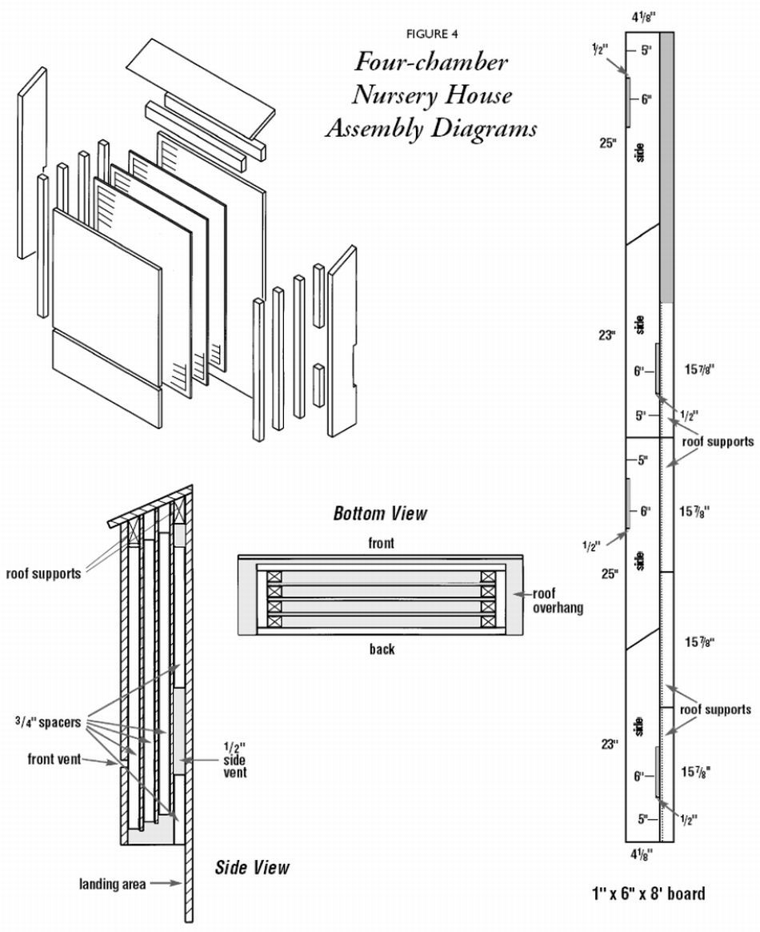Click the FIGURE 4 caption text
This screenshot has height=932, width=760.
pyautogui.click(x=431, y=34)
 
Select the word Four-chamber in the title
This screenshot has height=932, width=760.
pyautogui.click(x=430, y=63)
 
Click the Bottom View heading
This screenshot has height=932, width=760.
pyautogui.click(x=380, y=513)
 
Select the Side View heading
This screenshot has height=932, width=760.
pyautogui.click(x=252, y=868)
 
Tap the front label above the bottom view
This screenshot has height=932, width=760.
pyautogui.click(x=381, y=544)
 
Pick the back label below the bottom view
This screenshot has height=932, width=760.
pyautogui.click(x=382, y=649)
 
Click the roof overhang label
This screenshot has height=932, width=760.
pyautogui.click(x=558, y=601)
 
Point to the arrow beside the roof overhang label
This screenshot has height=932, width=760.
pyautogui.click(x=522, y=594)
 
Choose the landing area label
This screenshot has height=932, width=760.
pyautogui.click(x=112, y=884)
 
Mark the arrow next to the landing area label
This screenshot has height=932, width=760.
pyautogui.click(x=166, y=884)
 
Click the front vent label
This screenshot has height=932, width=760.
pyautogui.click(x=54, y=759)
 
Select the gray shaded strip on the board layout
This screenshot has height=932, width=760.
pyautogui.click(x=667, y=168)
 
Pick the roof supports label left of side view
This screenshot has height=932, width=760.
pyautogui.click(x=43, y=573)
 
